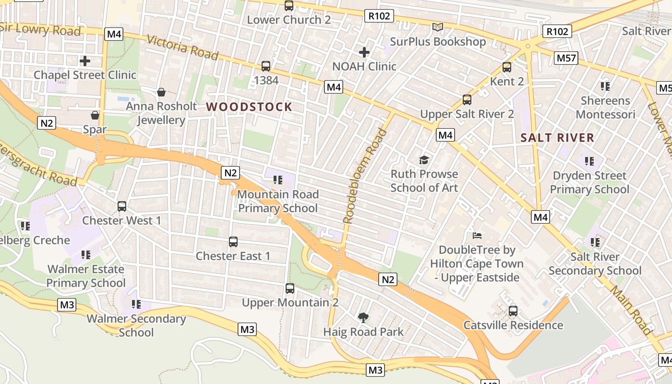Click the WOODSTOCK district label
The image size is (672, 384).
tap(249, 107)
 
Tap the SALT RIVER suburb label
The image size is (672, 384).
tap(557, 138)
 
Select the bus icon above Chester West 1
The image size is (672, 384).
tap(122, 206)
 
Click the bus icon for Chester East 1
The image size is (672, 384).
tap(233, 242)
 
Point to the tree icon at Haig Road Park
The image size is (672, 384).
tap(363, 317)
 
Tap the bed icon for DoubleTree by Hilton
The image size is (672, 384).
tap(477, 236)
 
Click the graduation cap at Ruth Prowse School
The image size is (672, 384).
tap(424, 160)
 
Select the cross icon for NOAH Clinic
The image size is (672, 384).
tap(364, 52)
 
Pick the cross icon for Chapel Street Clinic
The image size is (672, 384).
tap(85, 61)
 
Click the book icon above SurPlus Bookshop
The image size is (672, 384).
tap(437, 27)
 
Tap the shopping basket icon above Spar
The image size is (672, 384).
tap(95, 115)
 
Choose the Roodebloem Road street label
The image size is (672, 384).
tap(365, 176)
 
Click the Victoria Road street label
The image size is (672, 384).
tap(182, 47)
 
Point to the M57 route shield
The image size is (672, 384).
tap(566, 58)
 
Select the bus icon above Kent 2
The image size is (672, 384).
tap(507, 67)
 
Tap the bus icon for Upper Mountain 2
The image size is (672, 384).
tap(290, 288)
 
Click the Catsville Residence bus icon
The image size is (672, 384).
tap(513, 311)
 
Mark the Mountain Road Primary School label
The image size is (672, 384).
tap(278, 201)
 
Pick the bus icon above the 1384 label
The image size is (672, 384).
tap(266, 66)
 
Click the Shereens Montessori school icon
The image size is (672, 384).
tap(605, 86)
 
